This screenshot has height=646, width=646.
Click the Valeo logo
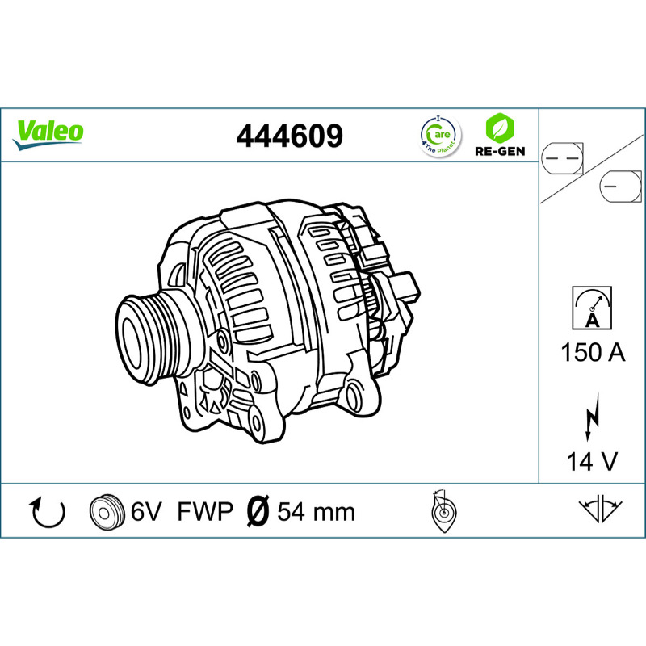click(48, 135)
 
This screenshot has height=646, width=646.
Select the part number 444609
click(289, 136)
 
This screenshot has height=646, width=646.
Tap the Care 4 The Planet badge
click(440, 136)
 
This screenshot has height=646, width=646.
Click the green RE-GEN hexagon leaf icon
click(500, 128)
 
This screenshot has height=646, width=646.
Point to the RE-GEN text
click(500, 151)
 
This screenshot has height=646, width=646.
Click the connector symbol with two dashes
click(562, 158)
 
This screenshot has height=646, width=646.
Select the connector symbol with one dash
click(621, 187)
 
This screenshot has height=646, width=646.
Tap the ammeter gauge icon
click(592, 308)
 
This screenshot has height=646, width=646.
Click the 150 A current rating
click(593, 353)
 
